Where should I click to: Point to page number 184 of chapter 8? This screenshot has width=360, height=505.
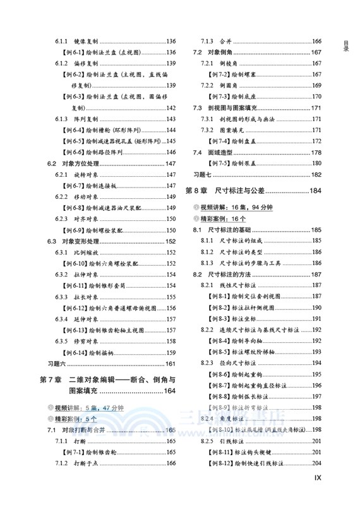(315, 190)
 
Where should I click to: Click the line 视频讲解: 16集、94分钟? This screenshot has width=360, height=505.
(234, 207)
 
